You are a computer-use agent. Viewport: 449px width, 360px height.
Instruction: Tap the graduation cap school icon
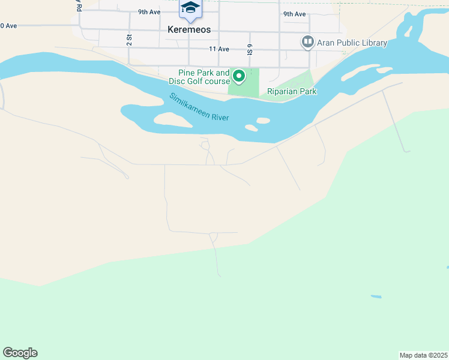coord(190,7)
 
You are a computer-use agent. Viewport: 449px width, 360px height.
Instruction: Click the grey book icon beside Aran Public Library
coord(308,41)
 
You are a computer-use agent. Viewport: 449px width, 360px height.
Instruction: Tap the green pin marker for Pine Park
coord(238,76)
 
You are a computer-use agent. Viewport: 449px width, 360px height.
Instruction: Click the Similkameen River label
coord(199,107)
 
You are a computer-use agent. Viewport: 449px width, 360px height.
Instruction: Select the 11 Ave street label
coord(219,49)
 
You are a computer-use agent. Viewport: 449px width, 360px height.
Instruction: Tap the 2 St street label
coord(128,40)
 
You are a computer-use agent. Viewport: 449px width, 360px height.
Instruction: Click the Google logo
coord(20,353)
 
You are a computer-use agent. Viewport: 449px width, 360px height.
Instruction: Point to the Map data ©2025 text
coord(423,355)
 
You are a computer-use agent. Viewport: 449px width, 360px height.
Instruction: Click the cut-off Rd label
coord(78,6)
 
